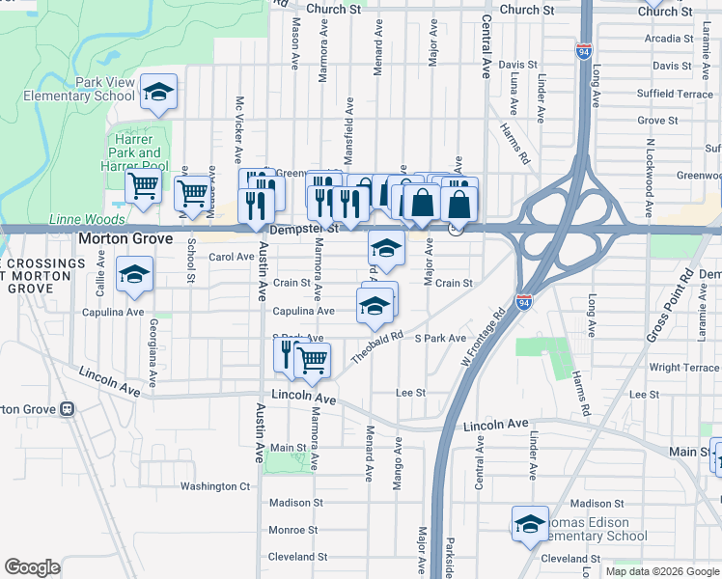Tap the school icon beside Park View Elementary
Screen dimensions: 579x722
pos(157,93)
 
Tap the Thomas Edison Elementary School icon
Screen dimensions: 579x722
pos(530,524)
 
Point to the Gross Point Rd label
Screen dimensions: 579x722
pos(671,304)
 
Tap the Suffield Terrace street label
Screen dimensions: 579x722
pos(675,94)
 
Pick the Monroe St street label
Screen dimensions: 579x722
pos(292,530)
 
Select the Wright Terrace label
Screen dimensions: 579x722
pos(683,368)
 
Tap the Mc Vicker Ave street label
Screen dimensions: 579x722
pos(238,129)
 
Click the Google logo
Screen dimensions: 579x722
pos(33,567)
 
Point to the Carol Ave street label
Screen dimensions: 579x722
pos(232,257)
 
